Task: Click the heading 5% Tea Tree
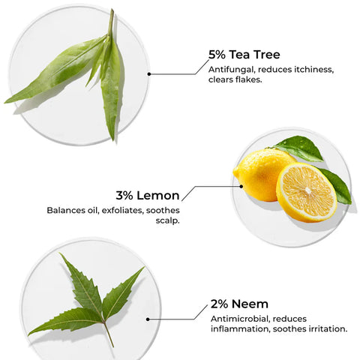tap(244, 54)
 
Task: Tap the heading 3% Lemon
tap(148, 196)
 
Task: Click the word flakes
tap(249, 80)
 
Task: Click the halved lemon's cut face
tap(306, 192)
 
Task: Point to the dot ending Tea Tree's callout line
tap(149, 74)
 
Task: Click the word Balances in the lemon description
tap(66, 211)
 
